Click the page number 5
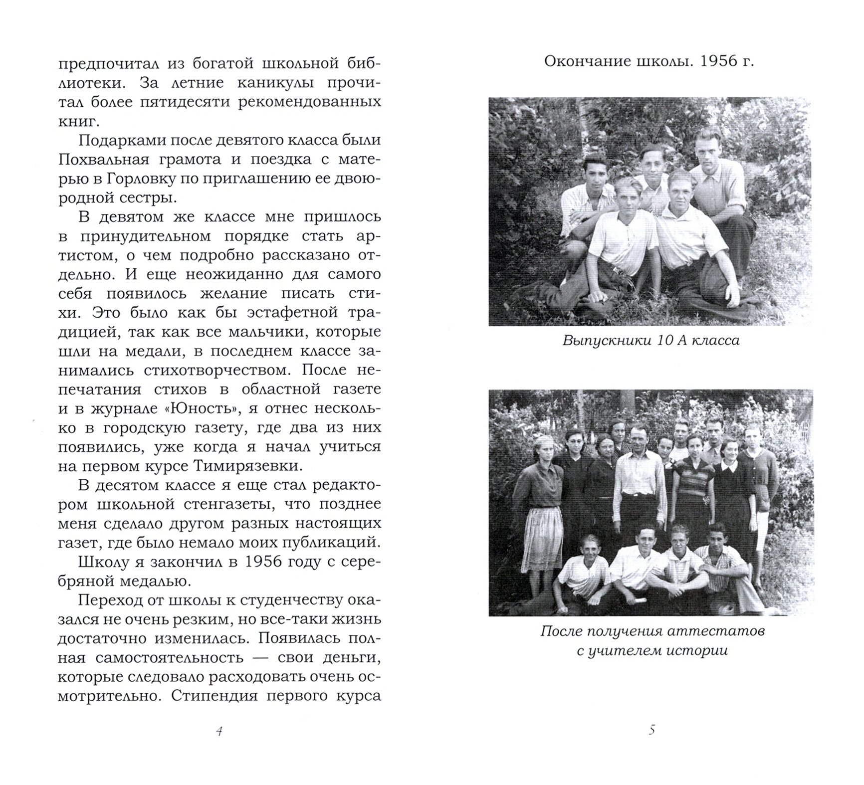(651, 731)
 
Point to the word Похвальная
(104, 160)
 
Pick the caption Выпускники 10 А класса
(651, 341)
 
